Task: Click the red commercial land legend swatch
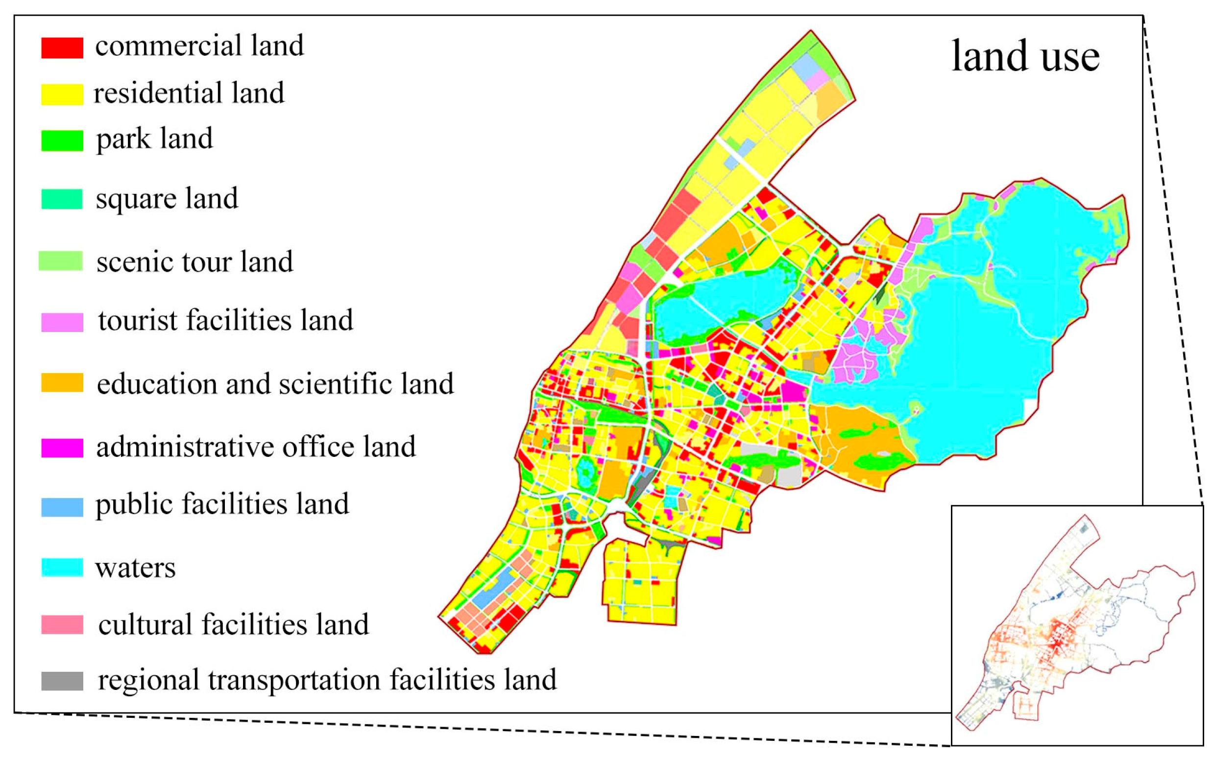[x=62, y=47]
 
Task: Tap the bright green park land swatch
[x=62, y=141]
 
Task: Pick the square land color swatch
[x=62, y=199]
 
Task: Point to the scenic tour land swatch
[x=61, y=261]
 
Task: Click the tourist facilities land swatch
[x=62, y=322]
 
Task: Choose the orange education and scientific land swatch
[x=62, y=383]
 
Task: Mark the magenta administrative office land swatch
[x=62, y=448]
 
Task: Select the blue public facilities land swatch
[x=62, y=507]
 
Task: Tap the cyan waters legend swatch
[x=62, y=568]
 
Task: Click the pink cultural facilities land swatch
[x=62, y=625]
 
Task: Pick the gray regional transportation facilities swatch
[x=62, y=681]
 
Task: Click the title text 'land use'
[x=1025, y=56]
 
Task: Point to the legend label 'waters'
[x=135, y=568]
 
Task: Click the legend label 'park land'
[x=154, y=139]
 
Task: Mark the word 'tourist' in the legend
[x=138, y=320]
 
